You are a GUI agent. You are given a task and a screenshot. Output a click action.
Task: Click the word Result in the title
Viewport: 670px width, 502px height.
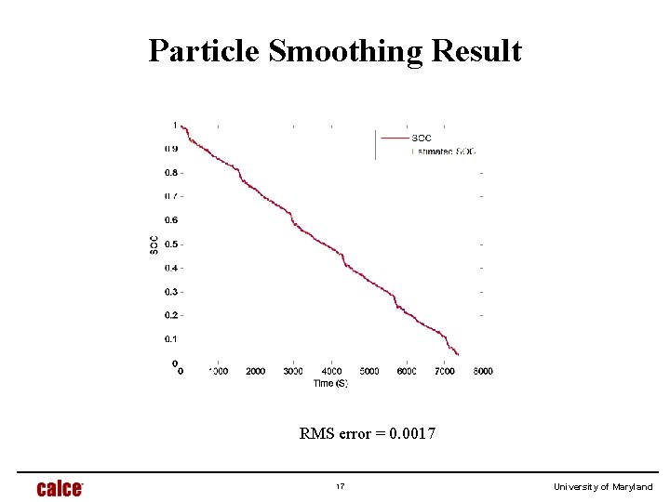[477, 51]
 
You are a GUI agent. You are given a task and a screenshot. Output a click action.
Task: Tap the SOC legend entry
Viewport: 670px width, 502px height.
[422, 139]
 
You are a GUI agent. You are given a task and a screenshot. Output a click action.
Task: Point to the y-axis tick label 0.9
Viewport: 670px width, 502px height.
[171, 149]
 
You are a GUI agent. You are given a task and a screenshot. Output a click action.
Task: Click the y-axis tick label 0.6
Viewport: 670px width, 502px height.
[171, 220]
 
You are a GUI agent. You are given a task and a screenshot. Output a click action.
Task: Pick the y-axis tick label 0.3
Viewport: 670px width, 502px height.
[171, 292]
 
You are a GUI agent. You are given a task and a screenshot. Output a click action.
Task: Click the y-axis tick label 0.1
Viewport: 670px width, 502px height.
[171, 339]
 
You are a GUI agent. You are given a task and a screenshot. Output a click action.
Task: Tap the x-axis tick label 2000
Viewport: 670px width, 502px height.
[255, 372]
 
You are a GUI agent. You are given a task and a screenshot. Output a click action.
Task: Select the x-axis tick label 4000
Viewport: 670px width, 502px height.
[331, 372]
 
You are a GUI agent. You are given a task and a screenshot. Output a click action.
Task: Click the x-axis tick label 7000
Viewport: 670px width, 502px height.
[446, 372]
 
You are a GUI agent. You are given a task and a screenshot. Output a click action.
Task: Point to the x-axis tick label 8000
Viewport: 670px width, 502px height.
[483, 372]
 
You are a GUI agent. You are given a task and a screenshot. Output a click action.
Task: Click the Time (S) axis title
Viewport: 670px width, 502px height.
[329, 384]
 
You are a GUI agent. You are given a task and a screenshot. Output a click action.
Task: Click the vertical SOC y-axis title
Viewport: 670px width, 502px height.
[153, 244]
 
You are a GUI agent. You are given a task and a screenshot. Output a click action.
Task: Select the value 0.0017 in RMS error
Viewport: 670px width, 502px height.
[411, 432]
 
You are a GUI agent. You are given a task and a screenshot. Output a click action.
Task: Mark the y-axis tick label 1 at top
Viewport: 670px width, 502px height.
[175, 125]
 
